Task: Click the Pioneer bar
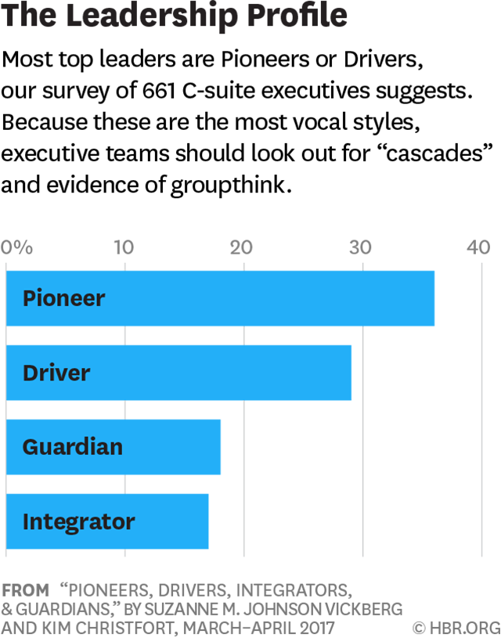tap(220, 298)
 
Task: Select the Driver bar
tap(178, 373)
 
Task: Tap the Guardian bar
tap(114, 447)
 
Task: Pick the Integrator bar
tap(107, 521)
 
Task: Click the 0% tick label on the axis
tap(17, 248)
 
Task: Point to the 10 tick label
tap(124, 248)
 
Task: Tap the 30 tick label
tap(360, 248)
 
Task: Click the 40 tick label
tap(478, 248)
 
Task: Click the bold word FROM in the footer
tap(25, 589)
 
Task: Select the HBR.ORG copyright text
tap(452, 627)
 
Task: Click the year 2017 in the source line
tap(312, 627)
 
